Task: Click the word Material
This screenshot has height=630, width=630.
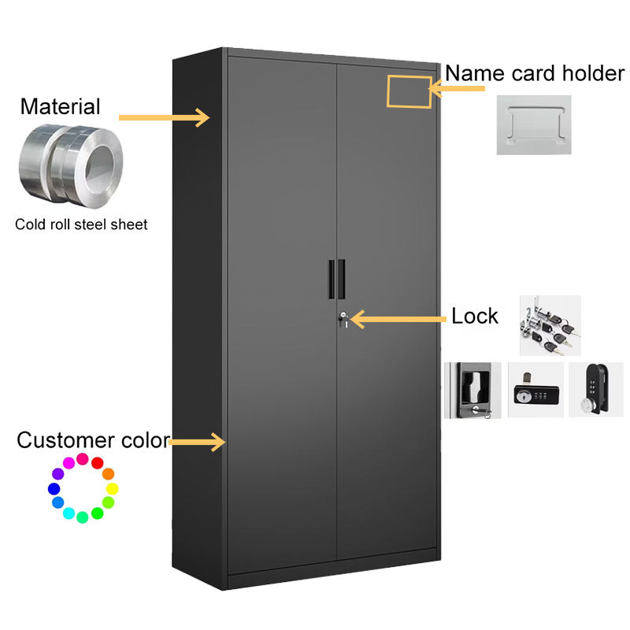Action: (x=61, y=106)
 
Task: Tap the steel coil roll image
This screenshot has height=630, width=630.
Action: (x=71, y=166)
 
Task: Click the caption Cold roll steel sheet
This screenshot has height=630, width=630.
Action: (x=81, y=224)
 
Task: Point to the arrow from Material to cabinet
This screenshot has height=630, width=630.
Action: (x=164, y=117)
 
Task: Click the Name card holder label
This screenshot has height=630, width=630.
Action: (x=535, y=73)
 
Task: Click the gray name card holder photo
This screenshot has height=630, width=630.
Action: (x=534, y=125)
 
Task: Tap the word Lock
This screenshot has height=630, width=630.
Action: (x=475, y=316)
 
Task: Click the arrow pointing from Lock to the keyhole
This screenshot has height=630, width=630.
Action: (x=398, y=320)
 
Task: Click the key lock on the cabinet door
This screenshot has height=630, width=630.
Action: (x=343, y=319)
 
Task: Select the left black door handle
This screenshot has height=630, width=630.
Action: (x=332, y=280)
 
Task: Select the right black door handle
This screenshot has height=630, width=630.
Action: (x=342, y=280)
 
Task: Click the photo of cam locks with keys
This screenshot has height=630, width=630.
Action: (x=550, y=325)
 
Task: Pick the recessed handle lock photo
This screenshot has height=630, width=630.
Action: (x=473, y=390)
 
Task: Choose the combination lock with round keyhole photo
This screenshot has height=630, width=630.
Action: (x=535, y=390)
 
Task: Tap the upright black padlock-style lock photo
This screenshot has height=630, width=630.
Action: (x=596, y=389)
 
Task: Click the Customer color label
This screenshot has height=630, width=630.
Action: (x=94, y=440)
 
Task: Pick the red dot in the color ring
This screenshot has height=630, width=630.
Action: (x=97, y=463)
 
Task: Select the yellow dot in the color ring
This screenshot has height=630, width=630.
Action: (x=112, y=488)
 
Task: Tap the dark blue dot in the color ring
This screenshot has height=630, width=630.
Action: (x=54, y=488)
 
